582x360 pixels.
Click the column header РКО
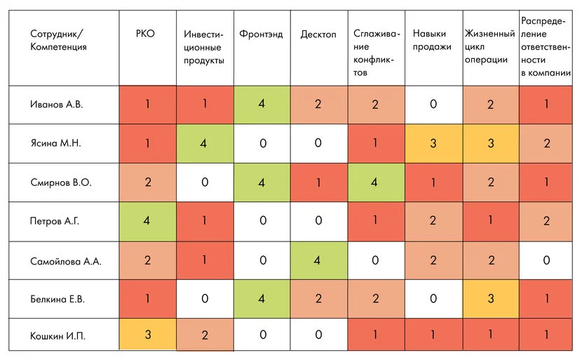tap(146, 34)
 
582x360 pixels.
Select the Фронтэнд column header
tap(261, 34)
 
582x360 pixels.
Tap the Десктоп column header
tap(318, 34)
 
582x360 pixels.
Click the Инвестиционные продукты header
tap(204, 47)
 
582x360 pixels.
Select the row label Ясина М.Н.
tap(56, 143)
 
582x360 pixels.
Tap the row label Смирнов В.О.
tap(62, 182)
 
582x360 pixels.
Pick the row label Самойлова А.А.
tap(67, 260)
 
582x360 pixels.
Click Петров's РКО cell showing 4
tap(147, 221)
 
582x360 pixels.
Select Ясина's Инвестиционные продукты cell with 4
tap(204, 143)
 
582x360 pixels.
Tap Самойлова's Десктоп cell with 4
tap(318, 260)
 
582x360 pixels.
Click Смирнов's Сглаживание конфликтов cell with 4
tap(375, 182)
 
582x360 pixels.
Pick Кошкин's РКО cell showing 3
tap(147, 335)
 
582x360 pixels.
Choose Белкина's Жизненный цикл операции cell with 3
tap(490, 298)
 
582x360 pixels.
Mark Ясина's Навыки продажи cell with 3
tap(433, 143)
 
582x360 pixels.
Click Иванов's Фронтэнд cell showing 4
tap(261, 105)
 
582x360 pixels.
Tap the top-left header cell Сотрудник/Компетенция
tap(59, 40)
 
